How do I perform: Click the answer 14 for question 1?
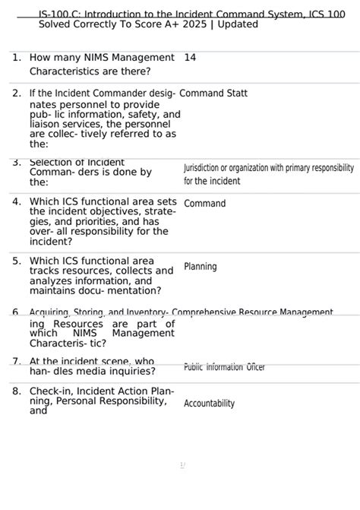pyautogui.click(x=190, y=58)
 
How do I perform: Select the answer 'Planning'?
pyautogui.click(x=200, y=267)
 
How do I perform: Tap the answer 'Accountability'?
pyautogui.click(x=209, y=404)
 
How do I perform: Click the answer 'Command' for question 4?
pyautogui.click(x=204, y=204)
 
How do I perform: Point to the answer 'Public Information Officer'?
pyautogui.click(x=224, y=367)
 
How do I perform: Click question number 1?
pyautogui.click(x=16, y=58)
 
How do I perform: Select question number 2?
pyautogui.click(x=16, y=93)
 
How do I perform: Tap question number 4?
pyautogui.click(x=16, y=201)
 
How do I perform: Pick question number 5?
pyautogui.click(x=16, y=261)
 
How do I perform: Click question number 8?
pyautogui.click(x=16, y=391)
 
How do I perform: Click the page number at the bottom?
pyautogui.click(x=182, y=464)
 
